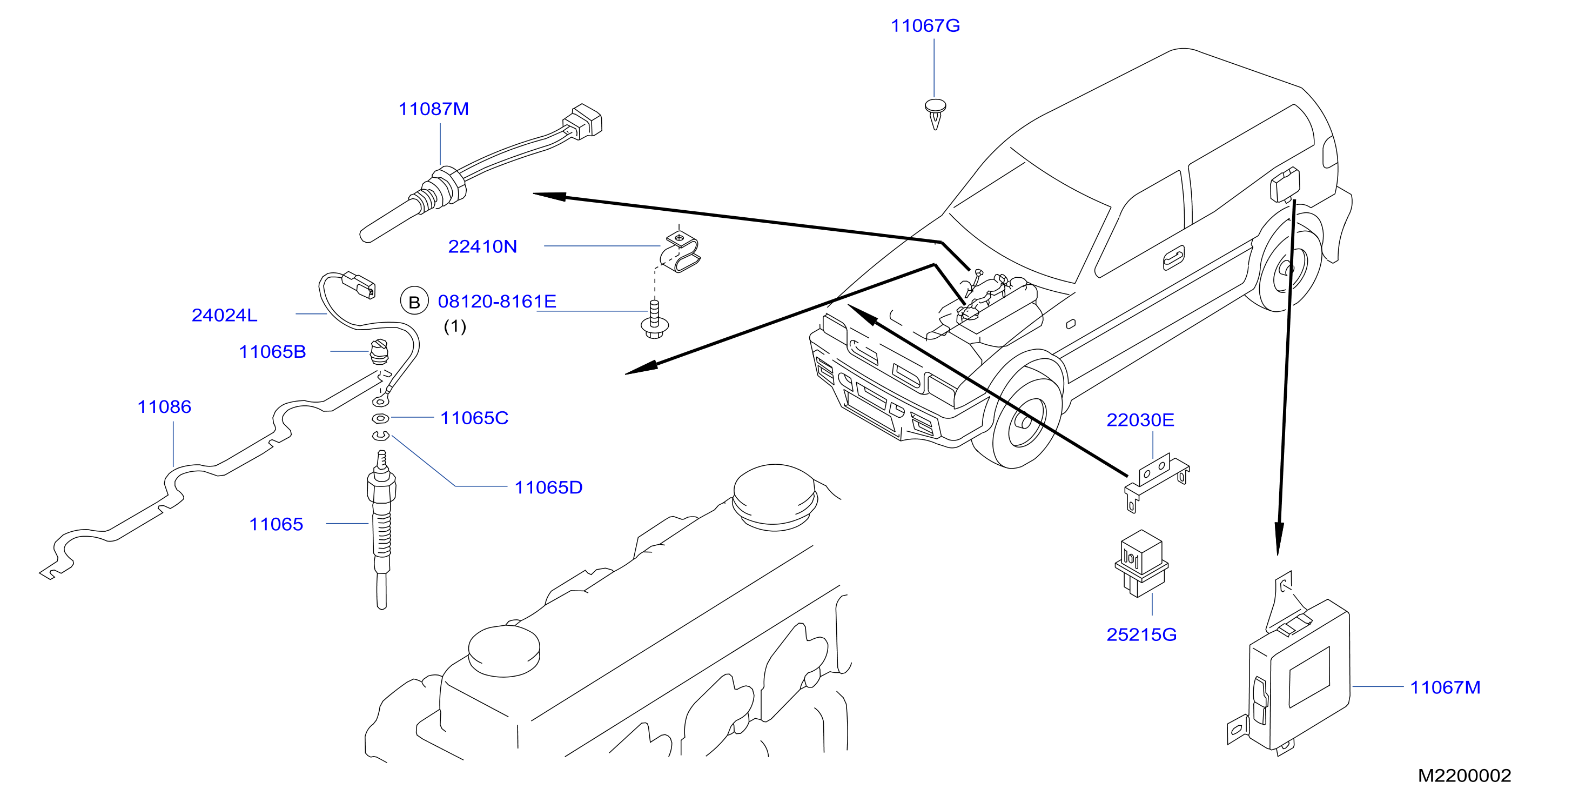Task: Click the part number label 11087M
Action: (x=433, y=109)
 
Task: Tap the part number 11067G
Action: (x=925, y=25)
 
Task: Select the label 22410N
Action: (x=482, y=246)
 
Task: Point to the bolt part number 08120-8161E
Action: (x=497, y=302)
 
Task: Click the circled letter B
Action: (x=414, y=302)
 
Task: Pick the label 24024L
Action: (x=225, y=315)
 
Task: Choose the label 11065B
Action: (x=272, y=352)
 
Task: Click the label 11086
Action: (x=164, y=406)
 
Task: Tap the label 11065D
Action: (x=548, y=487)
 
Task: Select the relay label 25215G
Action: (x=1141, y=635)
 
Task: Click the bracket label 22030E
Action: (x=1140, y=420)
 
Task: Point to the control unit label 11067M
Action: (x=1445, y=687)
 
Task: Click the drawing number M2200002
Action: (x=1464, y=776)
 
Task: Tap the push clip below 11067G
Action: (x=936, y=113)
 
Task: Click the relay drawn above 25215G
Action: (x=1141, y=563)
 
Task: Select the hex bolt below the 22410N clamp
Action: (x=654, y=320)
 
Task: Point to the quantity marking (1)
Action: (x=455, y=326)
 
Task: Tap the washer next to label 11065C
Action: (x=380, y=418)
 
